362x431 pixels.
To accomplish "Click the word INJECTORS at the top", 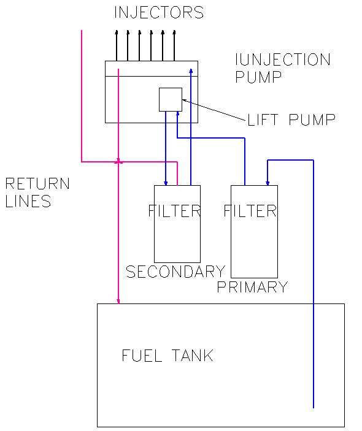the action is point(159,13).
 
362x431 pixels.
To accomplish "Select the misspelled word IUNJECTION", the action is point(283,59).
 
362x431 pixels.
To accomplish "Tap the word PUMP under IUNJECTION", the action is point(258,77).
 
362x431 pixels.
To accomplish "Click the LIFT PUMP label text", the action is point(291,120).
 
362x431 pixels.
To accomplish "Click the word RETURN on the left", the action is point(37,183).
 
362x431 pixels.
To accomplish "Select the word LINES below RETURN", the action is point(28,201).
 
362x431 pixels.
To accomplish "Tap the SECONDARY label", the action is point(175,272).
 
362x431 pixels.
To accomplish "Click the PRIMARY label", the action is point(252,287).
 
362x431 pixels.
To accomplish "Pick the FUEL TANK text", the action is point(168,355).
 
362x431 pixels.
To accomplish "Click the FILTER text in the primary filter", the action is point(250,211).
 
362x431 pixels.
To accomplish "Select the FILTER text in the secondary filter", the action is point(174,211).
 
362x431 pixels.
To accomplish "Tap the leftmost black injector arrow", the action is point(117,45).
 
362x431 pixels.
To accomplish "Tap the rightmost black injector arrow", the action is point(174,45).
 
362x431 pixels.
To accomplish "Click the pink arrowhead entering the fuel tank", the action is point(118,301).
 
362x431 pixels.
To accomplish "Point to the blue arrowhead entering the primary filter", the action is point(268,183).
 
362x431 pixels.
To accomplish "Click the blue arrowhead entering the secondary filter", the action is point(166,183).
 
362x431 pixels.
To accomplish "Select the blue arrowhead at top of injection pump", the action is point(191,71).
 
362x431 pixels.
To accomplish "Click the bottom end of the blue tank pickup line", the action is point(314,408).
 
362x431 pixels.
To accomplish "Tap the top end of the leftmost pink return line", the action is point(82,31).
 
